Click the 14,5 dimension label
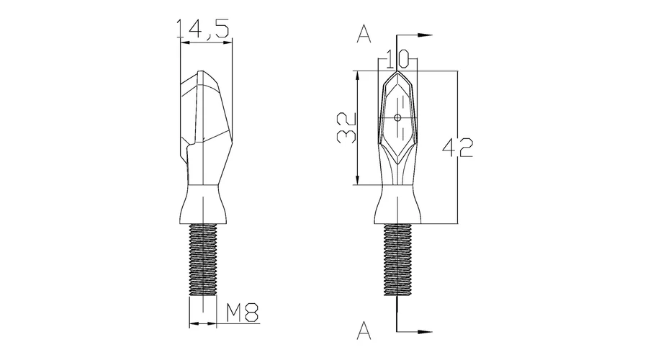click(x=202, y=29)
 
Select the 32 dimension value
click(x=346, y=128)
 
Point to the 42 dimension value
click(x=457, y=148)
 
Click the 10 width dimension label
click(x=397, y=58)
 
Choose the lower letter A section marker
click(x=364, y=330)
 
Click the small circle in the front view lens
click(x=397, y=118)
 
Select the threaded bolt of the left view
click(x=203, y=260)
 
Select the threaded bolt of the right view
click(x=397, y=260)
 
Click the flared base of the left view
click(x=203, y=205)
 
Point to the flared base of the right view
click(x=397, y=205)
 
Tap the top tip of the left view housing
click(x=202, y=71)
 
